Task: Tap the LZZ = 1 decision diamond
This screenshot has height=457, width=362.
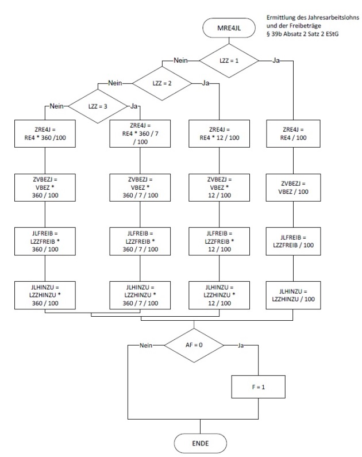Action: [228, 60]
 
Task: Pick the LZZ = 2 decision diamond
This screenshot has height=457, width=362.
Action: [161, 83]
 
